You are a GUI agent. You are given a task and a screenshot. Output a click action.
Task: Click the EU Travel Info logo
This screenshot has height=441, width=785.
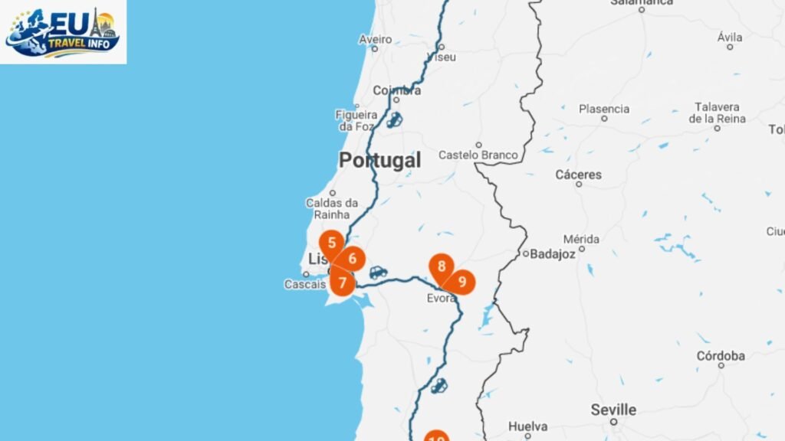[x=63, y=31]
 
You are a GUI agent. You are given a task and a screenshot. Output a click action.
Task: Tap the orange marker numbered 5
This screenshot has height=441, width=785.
[x=331, y=244]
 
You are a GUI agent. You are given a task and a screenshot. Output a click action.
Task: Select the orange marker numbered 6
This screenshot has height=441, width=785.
[x=352, y=259]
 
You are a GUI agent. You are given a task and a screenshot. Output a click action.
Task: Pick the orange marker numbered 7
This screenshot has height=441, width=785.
[x=342, y=282]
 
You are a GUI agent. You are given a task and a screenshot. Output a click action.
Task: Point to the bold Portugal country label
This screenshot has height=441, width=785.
[x=379, y=161]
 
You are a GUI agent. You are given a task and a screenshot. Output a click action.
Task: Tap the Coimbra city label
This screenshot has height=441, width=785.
[x=396, y=90]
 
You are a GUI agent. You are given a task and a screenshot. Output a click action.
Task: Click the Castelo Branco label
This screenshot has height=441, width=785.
[x=478, y=155]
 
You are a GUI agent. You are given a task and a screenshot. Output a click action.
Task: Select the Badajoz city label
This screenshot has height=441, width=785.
[x=552, y=254]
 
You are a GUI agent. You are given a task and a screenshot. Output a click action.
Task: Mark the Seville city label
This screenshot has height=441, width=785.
[x=613, y=410]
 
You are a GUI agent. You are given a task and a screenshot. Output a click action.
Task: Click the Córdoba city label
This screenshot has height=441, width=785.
[x=721, y=356]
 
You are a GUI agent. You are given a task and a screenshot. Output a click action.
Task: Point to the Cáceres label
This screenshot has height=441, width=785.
[x=578, y=175]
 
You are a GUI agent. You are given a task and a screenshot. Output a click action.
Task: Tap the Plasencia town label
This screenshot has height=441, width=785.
[x=604, y=109]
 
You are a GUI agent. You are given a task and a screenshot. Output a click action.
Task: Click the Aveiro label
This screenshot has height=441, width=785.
[x=375, y=39]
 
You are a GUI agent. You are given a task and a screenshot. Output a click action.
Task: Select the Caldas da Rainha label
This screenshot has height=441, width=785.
[x=332, y=208]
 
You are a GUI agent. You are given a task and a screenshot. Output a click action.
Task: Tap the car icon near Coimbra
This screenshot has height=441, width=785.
[x=394, y=120]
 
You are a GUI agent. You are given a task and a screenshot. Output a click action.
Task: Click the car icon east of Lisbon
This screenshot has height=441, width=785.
[x=378, y=272]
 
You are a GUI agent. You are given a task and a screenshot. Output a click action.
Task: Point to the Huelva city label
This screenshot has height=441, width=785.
[x=527, y=426]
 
